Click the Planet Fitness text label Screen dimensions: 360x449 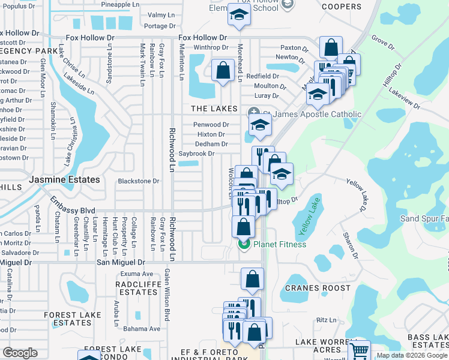pyautogui.click(x=280, y=244)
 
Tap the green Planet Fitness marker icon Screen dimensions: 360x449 pyautogui.click(x=244, y=244)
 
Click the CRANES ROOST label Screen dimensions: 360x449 pyautogui.click(x=318, y=288)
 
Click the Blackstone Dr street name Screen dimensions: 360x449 pyautogui.click(x=139, y=181)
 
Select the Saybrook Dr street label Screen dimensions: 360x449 pyautogui.click(x=196, y=154)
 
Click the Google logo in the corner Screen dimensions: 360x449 pyautogui.click(x=20, y=353)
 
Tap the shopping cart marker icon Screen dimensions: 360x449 pyautogui.click(x=359, y=350)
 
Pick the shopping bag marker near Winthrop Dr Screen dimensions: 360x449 pyautogui.click(x=223, y=70)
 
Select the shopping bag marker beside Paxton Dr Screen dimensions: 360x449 pyautogui.click(x=331, y=47)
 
